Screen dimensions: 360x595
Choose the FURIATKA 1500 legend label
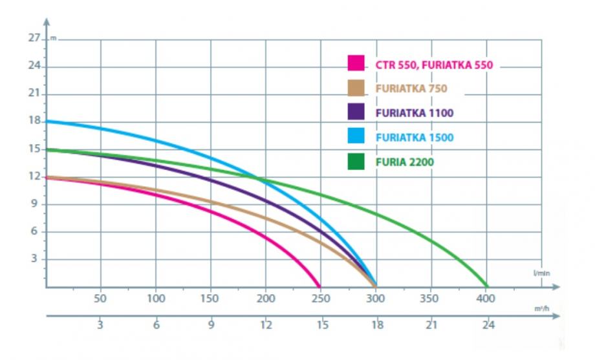(x=415, y=137)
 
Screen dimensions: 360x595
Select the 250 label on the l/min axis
(x=320, y=299)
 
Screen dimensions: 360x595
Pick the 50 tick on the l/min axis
(x=100, y=299)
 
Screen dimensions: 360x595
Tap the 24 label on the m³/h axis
(x=486, y=325)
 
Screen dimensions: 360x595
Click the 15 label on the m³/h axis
(x=320, y=325)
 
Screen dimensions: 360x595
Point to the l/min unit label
(x=541, y=274)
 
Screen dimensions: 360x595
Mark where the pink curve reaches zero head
(x=319, y=286)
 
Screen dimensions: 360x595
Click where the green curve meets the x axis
(x=486, y=286)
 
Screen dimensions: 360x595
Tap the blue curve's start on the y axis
(x=47, y=121)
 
